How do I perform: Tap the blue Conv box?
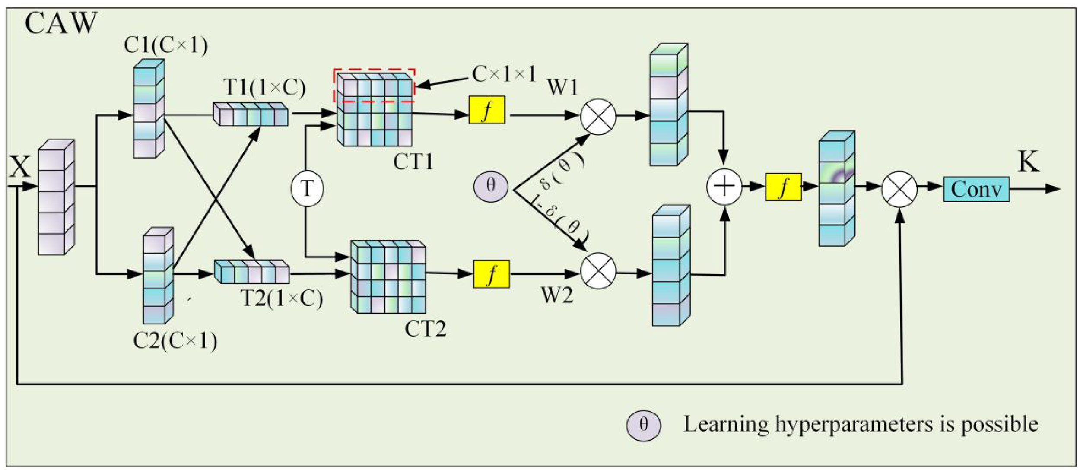pyautogui.click(x=975, y=189)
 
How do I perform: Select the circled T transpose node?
pyautogui.click(x=307, y=189)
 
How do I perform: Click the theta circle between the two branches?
pyautogui.click(x=491, y=186)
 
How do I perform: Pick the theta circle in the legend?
pyautogui.click(x=643, y=426)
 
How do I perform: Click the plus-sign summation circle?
pyautogui.click(x=724, y=187)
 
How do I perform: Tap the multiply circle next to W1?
pyautogui.click(x=598, y=117)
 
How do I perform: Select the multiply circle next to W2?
pyautogui.click(x=598, y=271)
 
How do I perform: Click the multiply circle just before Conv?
pyautogui.click(x=899, y=189)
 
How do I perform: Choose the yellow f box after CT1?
pyautogui.click(x=487, y=110)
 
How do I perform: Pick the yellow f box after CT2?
pyautogui.click(x=491, y=274)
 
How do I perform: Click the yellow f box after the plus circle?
pyautogui.click(x=783, y=187)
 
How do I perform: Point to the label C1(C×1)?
pyautogui.click(x=165, y=45)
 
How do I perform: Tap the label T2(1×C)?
pyautogui.click(x=282, y=298)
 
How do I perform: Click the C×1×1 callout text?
pyautogui.click(x=504, y=74)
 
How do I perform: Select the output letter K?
pyautogui.click(x=1028, y=162)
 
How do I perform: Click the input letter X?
pyautogui.click(x=19, y=167)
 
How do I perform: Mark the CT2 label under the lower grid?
pyautogui.click(x=425, y=329)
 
